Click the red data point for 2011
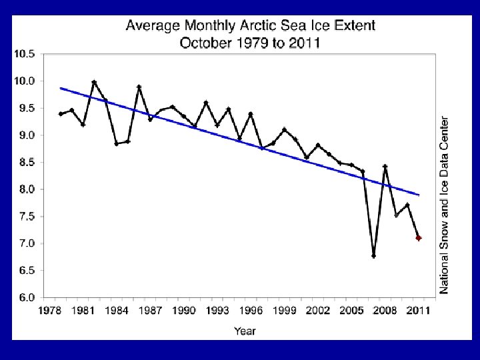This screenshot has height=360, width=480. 419,238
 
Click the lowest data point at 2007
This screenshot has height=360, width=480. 374,256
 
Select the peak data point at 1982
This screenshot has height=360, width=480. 94,82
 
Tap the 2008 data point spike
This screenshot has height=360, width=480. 385,167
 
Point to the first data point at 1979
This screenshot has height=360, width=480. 61,114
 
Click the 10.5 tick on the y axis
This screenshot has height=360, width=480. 25,54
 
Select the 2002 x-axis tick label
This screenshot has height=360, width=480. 318,311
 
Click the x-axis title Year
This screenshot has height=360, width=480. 245,330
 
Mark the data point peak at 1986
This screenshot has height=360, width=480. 139,87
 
